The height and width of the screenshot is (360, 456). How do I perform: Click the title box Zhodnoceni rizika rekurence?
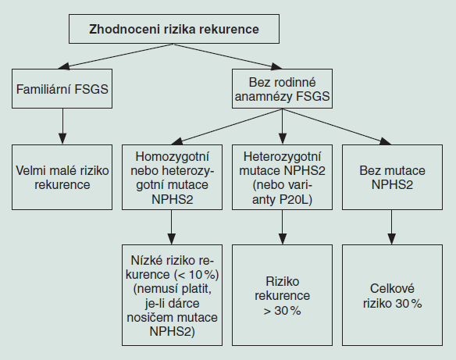(x=174, y=29)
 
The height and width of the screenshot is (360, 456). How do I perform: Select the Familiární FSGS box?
(x=62, y=89)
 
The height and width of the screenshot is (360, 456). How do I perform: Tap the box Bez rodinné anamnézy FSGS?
(x=282, y=89)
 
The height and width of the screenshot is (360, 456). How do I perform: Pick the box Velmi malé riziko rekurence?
(x=62, y=177)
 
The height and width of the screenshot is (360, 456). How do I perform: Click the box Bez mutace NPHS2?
(x=392, y=177)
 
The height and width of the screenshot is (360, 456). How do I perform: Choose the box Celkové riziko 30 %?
(x=392, y=295)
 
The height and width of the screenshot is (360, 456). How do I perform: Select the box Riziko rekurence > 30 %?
(x=282, y=295)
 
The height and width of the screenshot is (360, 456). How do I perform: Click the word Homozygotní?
(x=172, y=157)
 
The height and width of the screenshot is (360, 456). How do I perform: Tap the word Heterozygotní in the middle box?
(x=282, y=157)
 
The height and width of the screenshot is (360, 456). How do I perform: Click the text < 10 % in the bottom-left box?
(x=197, y=275)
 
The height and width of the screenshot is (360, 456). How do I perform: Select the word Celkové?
(x=392, y=289)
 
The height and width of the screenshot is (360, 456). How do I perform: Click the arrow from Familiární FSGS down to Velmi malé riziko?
(x=62, y=127)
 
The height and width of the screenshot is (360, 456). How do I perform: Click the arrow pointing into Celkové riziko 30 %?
(x=392, y=227)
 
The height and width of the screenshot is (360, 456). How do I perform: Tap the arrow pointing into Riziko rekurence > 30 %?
(x=282, y=227)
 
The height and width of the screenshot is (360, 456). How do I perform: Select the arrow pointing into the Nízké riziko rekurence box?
(x=172, y=227)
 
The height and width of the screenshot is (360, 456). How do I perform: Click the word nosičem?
(x=148, y=317)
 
